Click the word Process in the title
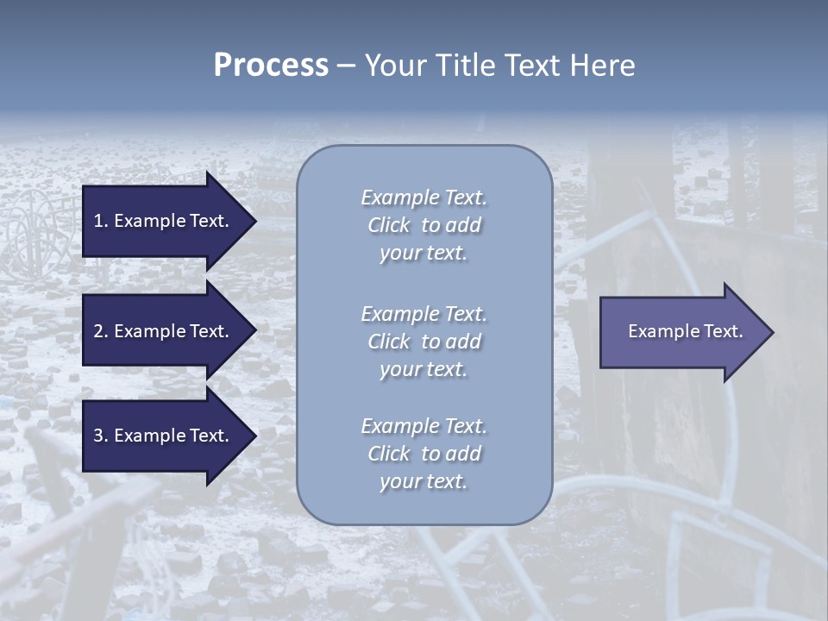click(271, 66)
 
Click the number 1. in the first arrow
click(101, 221)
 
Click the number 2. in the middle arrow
click(101, 331)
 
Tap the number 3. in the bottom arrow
click(101, 436)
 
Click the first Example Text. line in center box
click(423, 198)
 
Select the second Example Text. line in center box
click(423, 314)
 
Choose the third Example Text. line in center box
click(423, 426)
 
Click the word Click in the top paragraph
click(389, 225)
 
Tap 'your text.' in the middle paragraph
click(423, 369)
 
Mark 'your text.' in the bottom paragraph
click(423, 481)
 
